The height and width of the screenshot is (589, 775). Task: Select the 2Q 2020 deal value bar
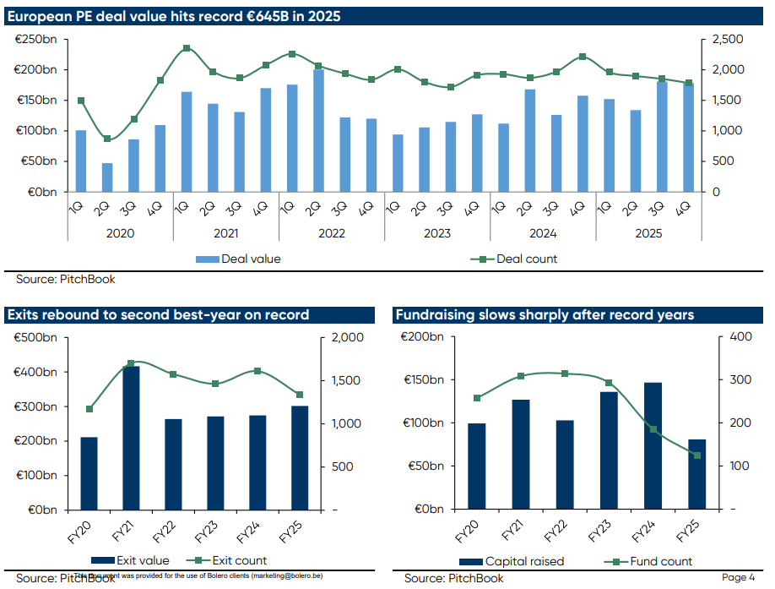tap(107, 177)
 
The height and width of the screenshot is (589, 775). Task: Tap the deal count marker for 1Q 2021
tap(187, 48)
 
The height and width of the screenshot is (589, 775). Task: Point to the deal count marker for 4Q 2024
tap(583, 57)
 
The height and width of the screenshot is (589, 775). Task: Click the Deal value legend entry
tap(239, 259)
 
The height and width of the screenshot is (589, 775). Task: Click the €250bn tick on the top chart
tap(36, 40)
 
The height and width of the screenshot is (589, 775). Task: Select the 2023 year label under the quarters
tap(437, 233)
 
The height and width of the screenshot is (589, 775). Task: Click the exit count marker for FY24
tap(257, 371)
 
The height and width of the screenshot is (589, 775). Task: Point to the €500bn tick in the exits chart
tap(36, 338)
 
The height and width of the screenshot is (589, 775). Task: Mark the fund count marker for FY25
tap(697, 455)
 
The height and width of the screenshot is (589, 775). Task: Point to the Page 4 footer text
tap(738, 577)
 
